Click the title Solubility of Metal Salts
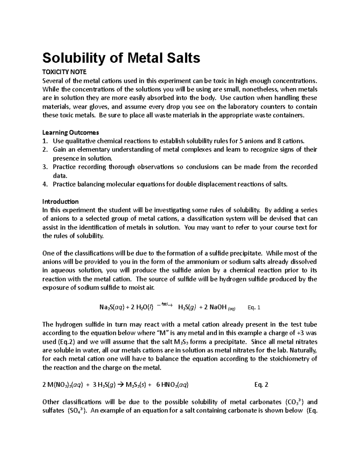[121, 58]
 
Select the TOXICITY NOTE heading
[64, 72]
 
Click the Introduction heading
[60, 201]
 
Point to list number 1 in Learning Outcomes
[45, 141]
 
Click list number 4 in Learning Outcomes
[45, 184]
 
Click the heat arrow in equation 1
[165, 305]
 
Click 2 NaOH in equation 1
[217, 308]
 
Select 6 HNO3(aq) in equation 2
[173, 385]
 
